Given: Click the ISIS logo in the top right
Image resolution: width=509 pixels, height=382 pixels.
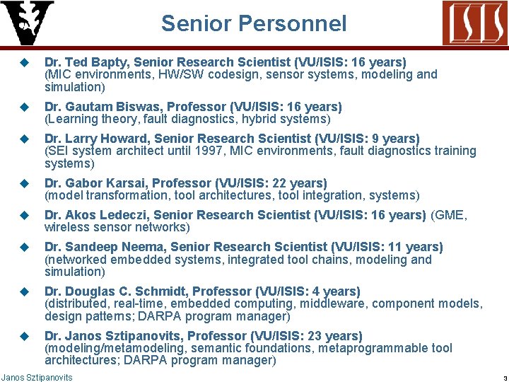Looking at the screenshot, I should [x=474, y=23].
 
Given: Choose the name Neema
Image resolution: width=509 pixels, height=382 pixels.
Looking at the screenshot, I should [x=141, y=246].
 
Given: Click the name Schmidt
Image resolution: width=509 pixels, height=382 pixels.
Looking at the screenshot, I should [x=160, y=291].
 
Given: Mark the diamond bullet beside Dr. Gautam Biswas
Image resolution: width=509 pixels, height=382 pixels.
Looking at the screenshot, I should [x=23, y=107].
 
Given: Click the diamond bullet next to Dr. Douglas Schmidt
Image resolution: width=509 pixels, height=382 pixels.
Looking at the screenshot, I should [x=23, y=291].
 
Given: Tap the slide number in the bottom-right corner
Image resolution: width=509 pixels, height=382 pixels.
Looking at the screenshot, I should [x=497, y=378].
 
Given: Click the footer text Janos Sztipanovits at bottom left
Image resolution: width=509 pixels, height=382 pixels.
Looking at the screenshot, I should [x=37, y=377].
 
